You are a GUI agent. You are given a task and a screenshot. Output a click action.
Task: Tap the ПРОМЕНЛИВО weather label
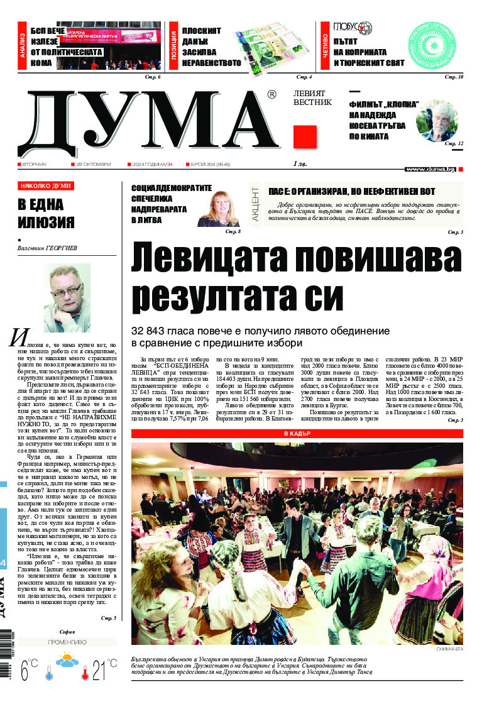pos(67,642)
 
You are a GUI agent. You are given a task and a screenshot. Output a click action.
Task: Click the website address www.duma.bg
pos(430,169)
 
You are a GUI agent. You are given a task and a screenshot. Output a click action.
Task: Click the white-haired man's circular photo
pos(436,121)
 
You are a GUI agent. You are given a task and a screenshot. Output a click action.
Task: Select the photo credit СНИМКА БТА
pos(449,649)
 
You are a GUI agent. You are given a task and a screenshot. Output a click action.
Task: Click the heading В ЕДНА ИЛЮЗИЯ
pos(45,213)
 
